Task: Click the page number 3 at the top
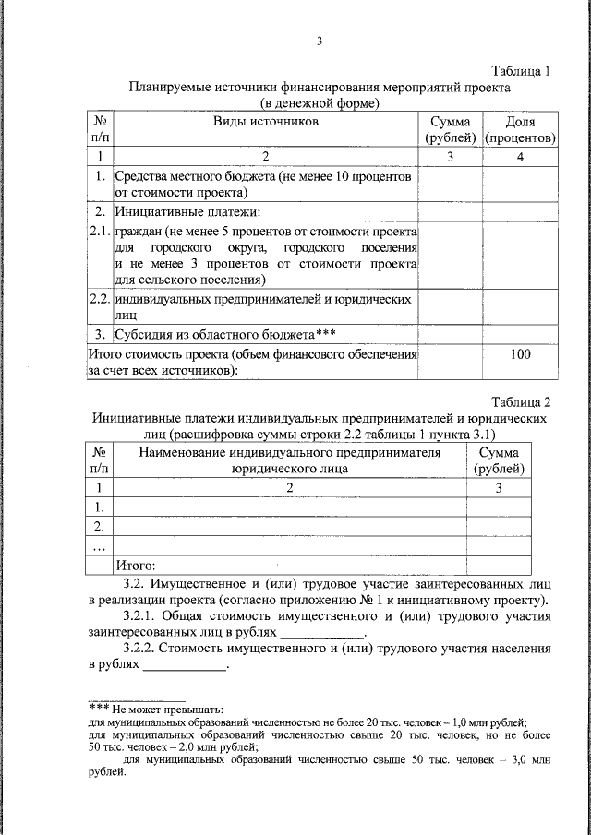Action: click(320, 41)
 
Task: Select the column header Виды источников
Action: click(266, 122)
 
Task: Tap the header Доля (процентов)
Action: click(520, 130)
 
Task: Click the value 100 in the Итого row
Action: click(520, 354)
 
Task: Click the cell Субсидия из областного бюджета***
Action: click(223, 332)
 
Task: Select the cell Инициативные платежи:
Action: click(173, 211)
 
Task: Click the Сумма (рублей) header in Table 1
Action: click(450, 130)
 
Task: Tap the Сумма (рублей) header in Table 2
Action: click(499, 460)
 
